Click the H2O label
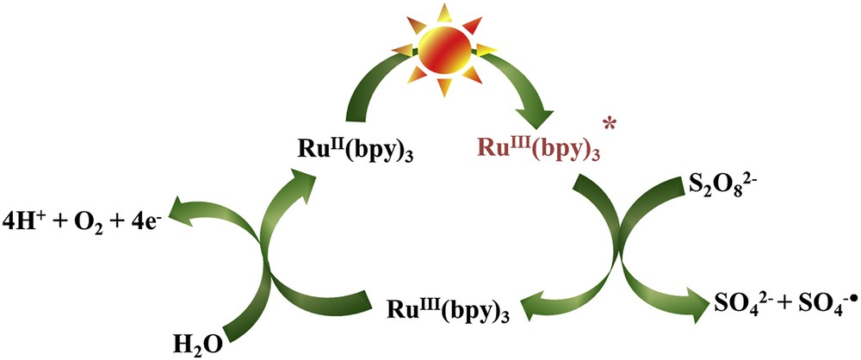click(x=202, y=344)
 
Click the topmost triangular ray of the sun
click(x=444, y=9)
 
